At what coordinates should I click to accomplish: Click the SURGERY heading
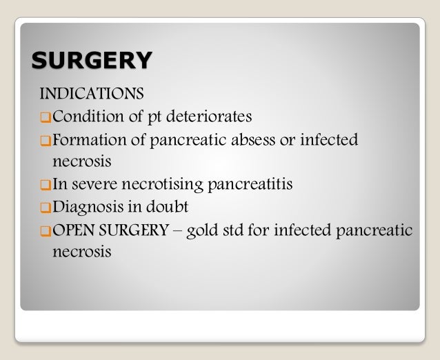click(x=90, y=60)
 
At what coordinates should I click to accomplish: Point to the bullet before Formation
click(x=46, y=141)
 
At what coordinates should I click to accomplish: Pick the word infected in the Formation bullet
click(x=331, y=140)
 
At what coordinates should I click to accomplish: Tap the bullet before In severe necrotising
click(x=46, y=186)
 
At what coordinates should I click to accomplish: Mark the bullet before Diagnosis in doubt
click(x=46, y=208)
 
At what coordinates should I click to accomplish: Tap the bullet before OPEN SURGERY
click(x=46, y=230)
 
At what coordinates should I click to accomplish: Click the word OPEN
click(x=74, y=230)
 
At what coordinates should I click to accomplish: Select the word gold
click(x=208, y=230)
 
